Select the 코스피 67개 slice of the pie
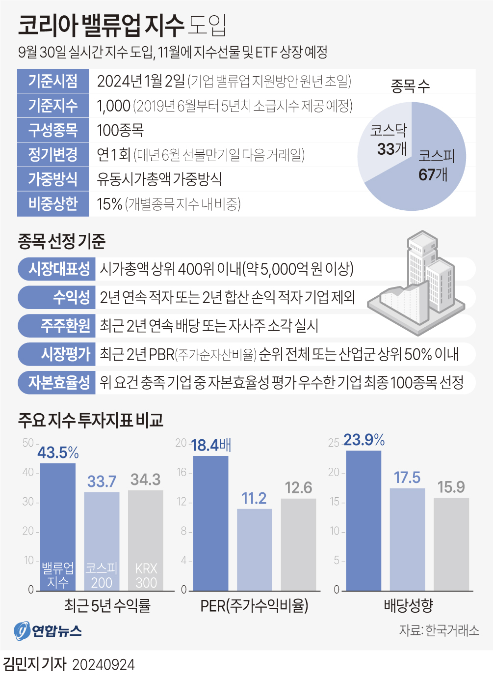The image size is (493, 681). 432,167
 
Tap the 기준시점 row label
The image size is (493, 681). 53,81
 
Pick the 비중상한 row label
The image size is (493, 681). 53,203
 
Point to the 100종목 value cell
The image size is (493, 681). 120,130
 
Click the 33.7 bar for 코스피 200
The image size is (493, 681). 102,536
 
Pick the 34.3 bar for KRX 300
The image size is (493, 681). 146,536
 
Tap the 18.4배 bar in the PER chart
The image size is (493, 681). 210,523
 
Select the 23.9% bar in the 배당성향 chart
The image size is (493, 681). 363,521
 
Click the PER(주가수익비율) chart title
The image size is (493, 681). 254,605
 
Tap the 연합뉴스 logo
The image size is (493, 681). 48,631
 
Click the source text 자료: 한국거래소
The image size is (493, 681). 439,630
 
